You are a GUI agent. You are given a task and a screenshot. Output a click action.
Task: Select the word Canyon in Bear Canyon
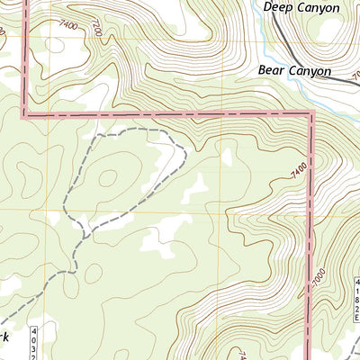click(311, 69)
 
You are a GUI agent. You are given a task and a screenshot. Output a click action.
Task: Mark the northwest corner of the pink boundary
click(24, 114)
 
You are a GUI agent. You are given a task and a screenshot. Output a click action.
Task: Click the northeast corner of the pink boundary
click(311, 114)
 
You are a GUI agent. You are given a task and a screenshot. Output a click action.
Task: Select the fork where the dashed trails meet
click(84, 235)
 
